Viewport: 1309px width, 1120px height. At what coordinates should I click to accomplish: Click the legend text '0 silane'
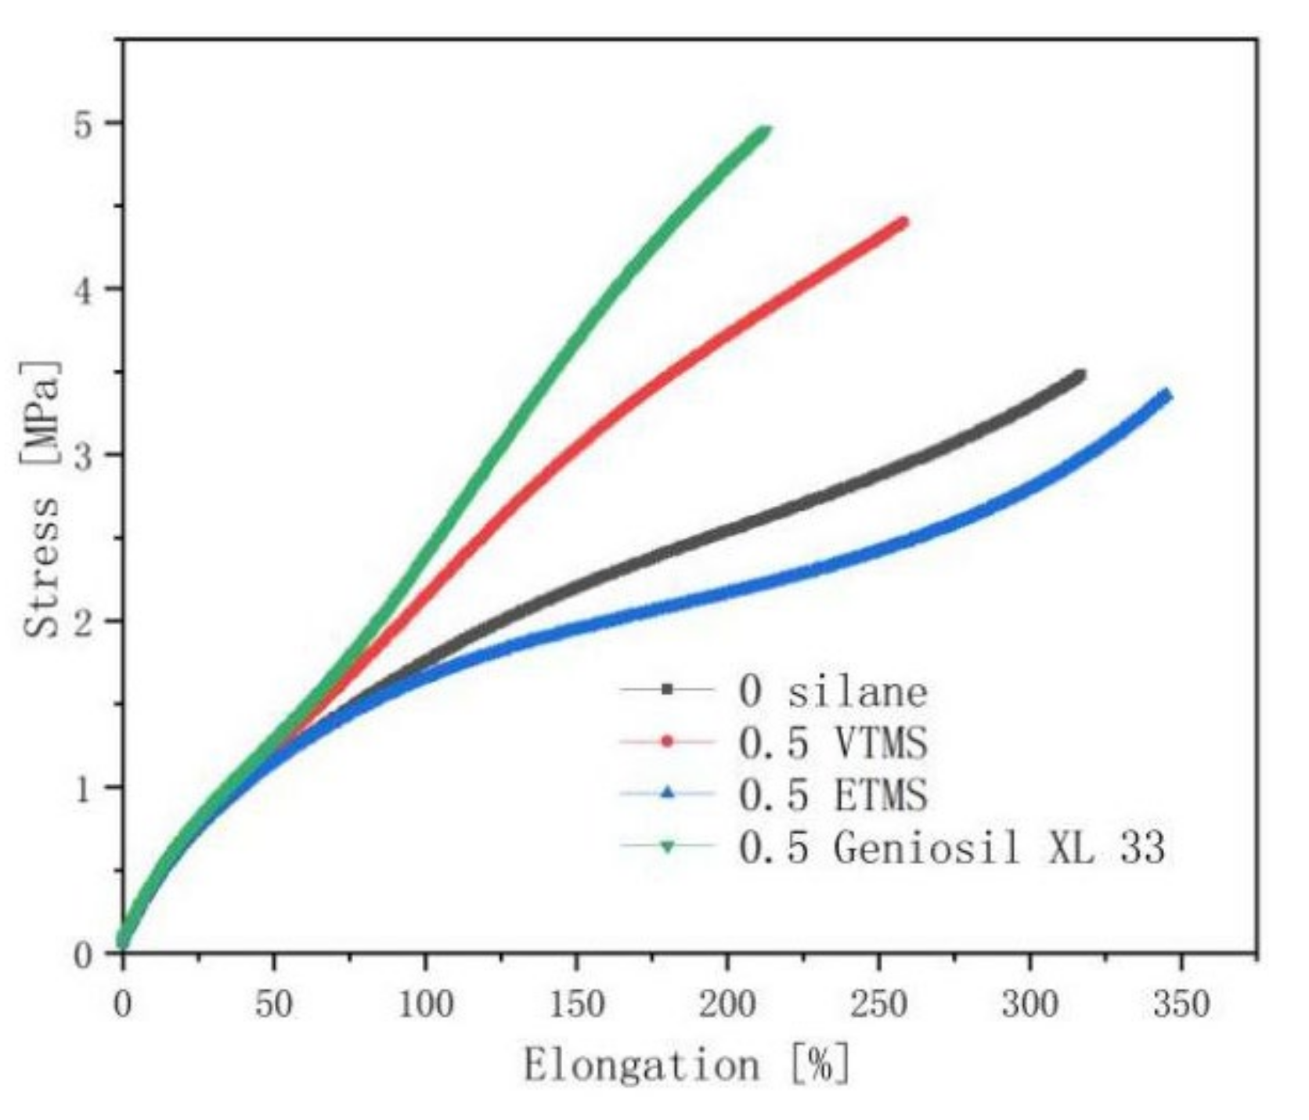click(x=833, y=691)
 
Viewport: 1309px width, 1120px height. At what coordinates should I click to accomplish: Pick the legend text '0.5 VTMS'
click(x=833, y=742)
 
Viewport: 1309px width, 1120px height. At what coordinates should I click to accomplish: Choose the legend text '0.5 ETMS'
click(x=833, y=794)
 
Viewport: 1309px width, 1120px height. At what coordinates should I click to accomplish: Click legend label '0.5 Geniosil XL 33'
click(x=951, y=847)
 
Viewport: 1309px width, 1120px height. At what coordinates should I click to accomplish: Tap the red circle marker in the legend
click(x=667, y=741)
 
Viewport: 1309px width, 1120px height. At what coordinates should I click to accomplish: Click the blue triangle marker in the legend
click(x=667, y=793)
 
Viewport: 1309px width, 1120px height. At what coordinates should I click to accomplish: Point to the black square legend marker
click(x=667, y=689)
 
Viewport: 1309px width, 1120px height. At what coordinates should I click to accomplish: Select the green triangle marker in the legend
click(x=667, y=846)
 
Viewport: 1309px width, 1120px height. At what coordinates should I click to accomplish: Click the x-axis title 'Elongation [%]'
click(x=687, y=1065)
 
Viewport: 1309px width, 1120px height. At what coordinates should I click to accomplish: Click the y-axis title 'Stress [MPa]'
click(x=41, y=500)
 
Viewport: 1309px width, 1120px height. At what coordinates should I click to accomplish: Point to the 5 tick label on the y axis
click(x=84, y=124)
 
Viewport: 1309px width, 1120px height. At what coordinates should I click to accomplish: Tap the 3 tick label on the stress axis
click(x=84, y=456)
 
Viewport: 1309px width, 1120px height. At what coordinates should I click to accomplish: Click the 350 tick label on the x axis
click(x=1181, y=1003)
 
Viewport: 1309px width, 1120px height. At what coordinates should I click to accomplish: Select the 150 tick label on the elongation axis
click(x=576, y=1003)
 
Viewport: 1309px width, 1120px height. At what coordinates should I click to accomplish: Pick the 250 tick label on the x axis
click(x=878, y=1003)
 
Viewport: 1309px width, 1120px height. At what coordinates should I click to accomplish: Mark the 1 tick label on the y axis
click(x=84, y=788)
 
